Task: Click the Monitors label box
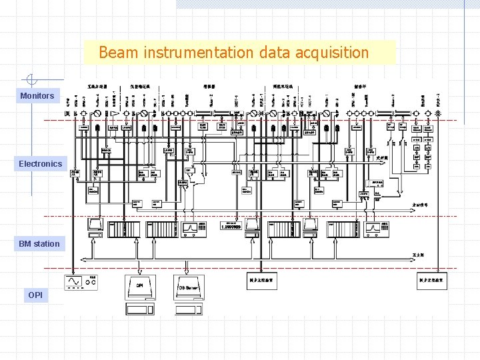coord(37,96)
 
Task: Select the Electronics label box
coord(40,164)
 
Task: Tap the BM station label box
coord(39,244)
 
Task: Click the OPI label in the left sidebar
coord(35,295)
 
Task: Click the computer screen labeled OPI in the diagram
coord(140,286)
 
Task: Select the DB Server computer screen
coord(189,286)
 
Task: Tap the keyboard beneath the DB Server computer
coord(189,309)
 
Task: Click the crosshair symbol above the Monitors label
coord(30,79)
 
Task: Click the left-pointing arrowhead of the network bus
coord(82,258)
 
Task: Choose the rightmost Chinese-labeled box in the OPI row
coord(432,281)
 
